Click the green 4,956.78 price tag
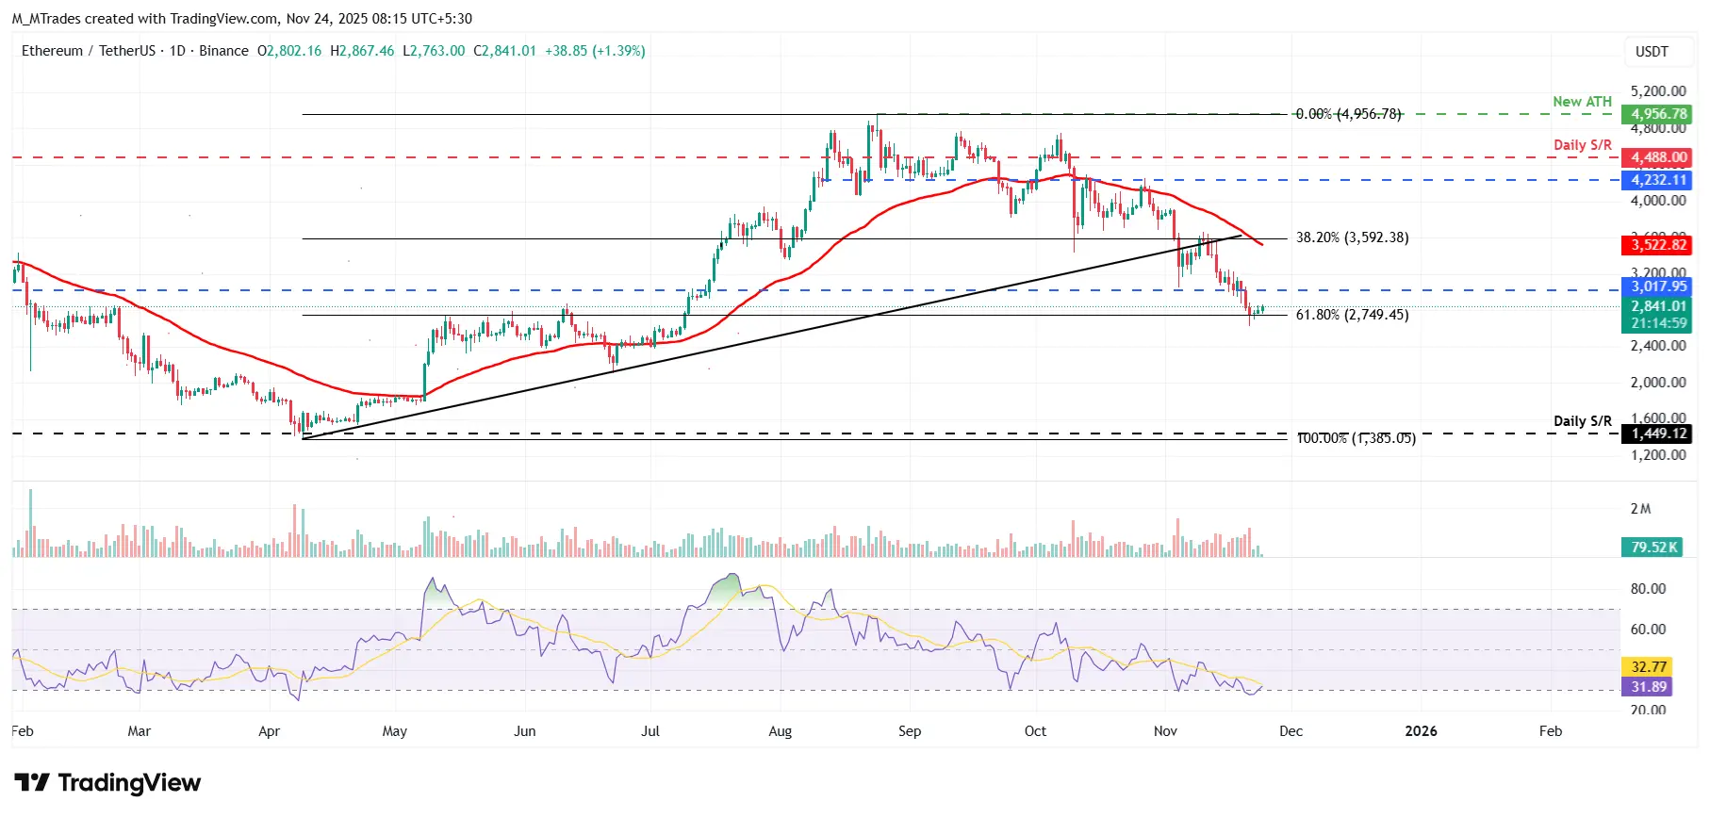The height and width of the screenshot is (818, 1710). pyautogui.click(x=1658, y=114)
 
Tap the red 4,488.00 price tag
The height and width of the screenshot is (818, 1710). pyautogui.click(x=1658, y=157)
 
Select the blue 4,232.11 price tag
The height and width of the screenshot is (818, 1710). pyautogui.click(x=1658, y=180)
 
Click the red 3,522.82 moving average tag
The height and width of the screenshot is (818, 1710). pyautogui.click(x=1658, y=245)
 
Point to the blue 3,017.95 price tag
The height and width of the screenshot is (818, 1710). pyautogui.click(x=1658, y=286)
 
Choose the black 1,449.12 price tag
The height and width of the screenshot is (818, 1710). pyautogui.click(x=1658, y=434)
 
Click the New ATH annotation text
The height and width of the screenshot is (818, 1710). pyautogui.click(x=1582, y=102)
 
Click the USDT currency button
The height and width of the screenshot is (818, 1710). pyautogui.click(x=1651, y=52)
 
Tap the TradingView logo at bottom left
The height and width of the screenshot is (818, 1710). pyautogui.click(x=107, y=783)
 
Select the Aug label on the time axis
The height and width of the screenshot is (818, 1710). pyautogui.click(x=780, y=731)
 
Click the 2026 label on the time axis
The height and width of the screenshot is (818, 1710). pyautogui.click(x=1421, y=731)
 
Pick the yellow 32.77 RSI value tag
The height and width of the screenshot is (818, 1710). pyautogui.click(x=1648, y=666)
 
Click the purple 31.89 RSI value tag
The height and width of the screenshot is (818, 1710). pyautogui.click(x=1648, y=687)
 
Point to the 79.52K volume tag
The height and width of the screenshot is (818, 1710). pyautogui.click(x=1653, y=547)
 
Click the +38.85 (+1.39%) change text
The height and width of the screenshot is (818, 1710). pyautogui.click(x=595, y=51)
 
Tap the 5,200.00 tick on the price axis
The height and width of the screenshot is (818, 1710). pyautogui.click(x=1657, y=91)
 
